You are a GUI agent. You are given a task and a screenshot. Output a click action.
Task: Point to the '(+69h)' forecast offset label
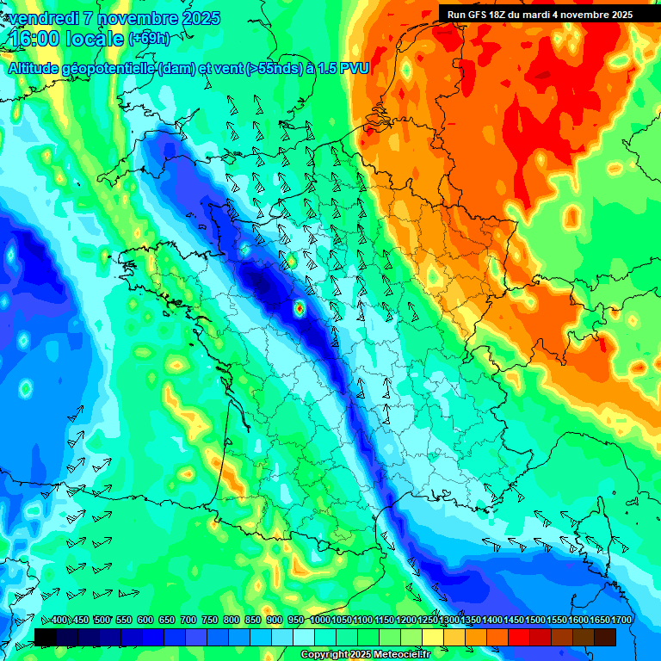150,39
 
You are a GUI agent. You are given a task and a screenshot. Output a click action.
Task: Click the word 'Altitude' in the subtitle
38,69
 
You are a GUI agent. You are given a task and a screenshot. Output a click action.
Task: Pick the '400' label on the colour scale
59,620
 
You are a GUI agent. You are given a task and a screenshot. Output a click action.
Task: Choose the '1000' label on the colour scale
320,620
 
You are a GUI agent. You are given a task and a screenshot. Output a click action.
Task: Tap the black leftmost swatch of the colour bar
46,637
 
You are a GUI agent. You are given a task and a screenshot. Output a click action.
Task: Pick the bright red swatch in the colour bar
519,637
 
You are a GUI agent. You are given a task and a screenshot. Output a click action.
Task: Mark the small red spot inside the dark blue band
299,306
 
